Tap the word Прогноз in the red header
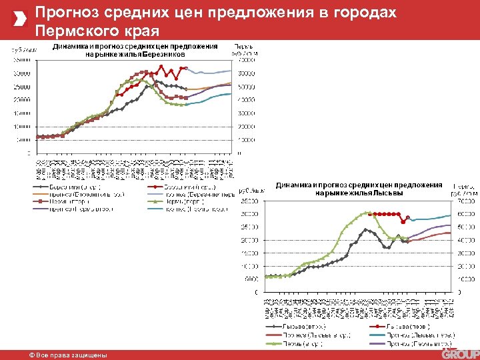(x=64, y=13)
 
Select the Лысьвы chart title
(x=359, y=189)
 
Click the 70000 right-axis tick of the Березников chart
(x=247, y=60)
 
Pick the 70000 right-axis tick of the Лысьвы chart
(x=464, y=201)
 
